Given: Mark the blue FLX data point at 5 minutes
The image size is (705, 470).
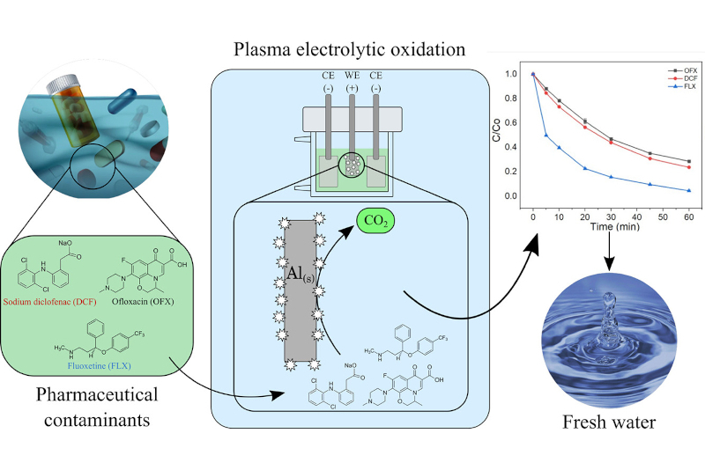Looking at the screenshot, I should click(546, 135).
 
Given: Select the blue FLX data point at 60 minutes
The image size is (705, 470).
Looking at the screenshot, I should click(687, 190).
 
